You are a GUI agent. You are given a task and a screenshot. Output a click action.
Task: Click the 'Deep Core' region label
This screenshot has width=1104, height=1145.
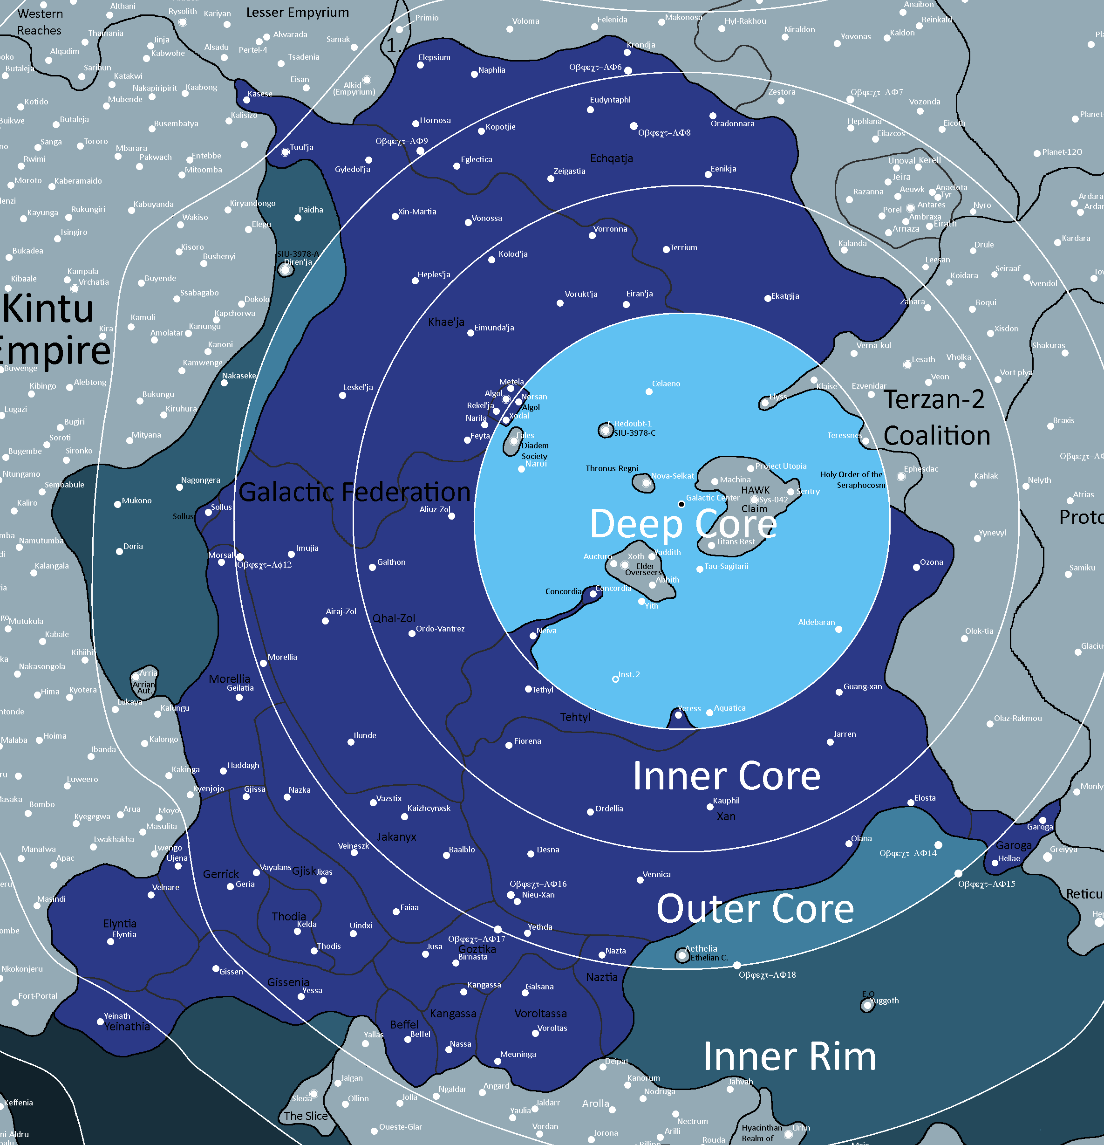(683, 523)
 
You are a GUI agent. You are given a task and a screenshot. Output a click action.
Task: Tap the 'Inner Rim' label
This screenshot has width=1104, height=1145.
(789, 1057)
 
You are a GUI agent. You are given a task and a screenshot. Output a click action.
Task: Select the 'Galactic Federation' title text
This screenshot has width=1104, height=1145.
(354, 492)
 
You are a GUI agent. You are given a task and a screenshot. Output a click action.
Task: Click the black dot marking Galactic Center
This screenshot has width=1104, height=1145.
(681, 504)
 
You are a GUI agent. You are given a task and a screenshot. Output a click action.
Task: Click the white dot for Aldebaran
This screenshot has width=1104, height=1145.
(838, 629)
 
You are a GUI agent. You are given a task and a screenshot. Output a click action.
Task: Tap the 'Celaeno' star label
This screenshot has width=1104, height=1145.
(666, 384)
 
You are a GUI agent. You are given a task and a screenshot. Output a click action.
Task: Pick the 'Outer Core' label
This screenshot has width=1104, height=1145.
(755, 910)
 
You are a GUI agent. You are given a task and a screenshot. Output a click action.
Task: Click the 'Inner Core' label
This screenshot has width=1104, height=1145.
(726, 776)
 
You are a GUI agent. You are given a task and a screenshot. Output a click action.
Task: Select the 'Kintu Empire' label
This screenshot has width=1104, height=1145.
(53, 330)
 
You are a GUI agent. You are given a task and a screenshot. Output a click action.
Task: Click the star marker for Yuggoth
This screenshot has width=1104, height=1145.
(867, 1005)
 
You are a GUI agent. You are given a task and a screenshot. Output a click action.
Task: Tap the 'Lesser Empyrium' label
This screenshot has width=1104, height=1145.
(297, 12)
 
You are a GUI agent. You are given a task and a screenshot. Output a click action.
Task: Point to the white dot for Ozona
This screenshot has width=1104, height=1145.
(916, 567)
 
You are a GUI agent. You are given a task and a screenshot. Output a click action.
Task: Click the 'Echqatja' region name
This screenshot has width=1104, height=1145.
(611, 158)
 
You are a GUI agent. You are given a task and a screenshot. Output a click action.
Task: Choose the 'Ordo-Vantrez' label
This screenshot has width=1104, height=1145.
(440, 629)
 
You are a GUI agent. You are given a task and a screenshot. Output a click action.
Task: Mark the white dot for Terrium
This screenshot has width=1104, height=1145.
(666, 249)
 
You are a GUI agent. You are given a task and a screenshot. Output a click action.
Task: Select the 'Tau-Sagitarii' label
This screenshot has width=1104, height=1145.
(726, 566)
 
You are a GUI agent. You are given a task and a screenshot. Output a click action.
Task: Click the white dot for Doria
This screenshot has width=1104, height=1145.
(119, 551)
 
